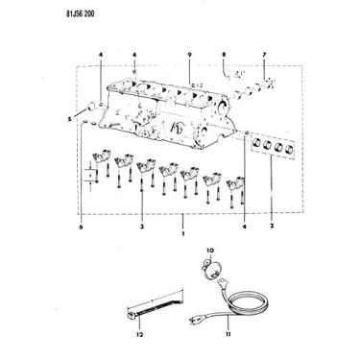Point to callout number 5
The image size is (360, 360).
[x=69, y=118]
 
